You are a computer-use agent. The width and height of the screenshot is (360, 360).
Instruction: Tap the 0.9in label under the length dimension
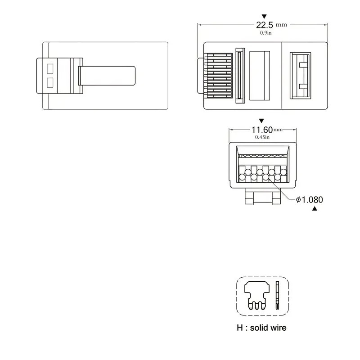[265, 33]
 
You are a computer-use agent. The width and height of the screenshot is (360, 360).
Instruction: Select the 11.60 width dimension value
[261, 130]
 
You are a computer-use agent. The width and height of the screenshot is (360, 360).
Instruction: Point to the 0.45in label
[262, 137]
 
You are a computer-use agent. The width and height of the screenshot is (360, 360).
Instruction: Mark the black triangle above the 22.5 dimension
[264, 15]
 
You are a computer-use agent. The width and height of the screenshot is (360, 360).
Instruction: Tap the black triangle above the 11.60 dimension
[261, 121]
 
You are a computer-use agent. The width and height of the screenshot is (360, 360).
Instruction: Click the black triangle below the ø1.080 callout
[315, 209]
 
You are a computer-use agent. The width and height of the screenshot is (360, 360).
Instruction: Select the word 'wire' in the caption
[277, 328]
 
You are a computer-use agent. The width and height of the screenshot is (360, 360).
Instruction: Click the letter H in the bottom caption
[240, 328]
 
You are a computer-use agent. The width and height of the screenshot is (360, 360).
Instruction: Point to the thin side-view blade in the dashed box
[277, 295]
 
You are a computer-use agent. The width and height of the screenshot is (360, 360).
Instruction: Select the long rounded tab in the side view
[107, 76]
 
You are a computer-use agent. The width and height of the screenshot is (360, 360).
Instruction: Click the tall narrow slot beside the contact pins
[239, 76]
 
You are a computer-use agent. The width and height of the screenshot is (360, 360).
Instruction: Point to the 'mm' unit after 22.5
[282, 25]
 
